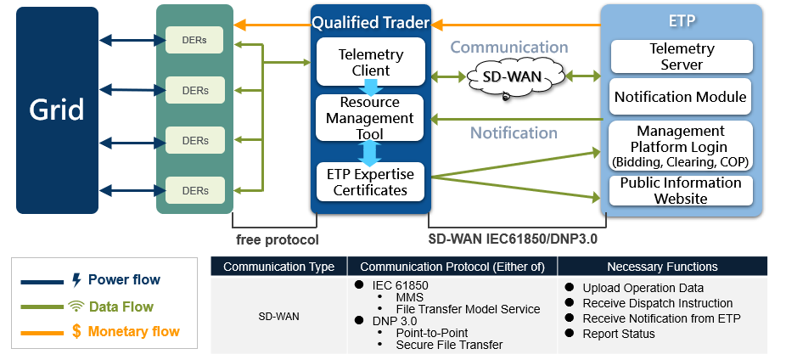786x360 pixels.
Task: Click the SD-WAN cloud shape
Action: point(515,77)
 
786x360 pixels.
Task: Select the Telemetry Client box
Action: point(370,62)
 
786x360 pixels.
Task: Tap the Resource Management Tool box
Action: point(370,118)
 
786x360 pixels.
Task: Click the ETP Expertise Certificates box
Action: point(370,182)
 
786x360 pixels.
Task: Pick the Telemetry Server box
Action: point(682,57)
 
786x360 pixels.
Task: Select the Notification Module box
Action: point(681,96)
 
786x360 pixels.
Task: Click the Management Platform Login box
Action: point(681,146)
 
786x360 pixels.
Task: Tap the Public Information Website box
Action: point(681,190)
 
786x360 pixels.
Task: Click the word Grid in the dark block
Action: point(57,110)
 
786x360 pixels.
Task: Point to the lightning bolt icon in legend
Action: point(76,280)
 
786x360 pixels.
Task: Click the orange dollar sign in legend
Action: point(76,331)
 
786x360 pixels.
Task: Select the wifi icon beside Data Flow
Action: point(74,306)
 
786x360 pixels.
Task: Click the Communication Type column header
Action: point(278,267)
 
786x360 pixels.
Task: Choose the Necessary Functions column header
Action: point(662,267)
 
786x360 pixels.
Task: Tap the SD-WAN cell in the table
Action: point(278,317)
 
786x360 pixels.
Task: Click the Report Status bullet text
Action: point(619,334)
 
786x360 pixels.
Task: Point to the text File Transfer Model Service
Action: point(469,309)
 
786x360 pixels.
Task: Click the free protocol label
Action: point(278,240)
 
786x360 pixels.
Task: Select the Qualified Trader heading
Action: point(371,23)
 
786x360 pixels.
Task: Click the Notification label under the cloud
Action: point(514,132)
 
